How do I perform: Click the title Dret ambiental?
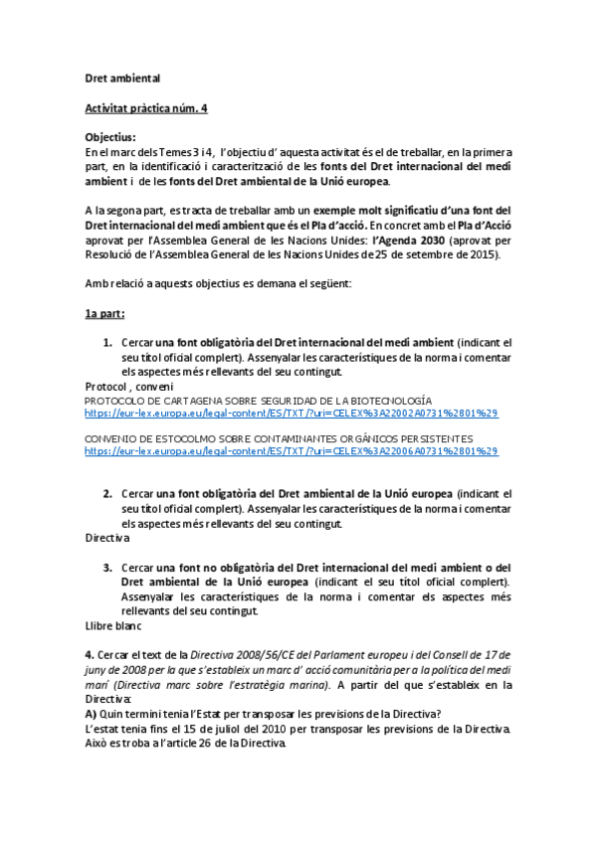pyautogui.click(x=121, y=78)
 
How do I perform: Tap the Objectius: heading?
pyautogui.click(x=110, y=137)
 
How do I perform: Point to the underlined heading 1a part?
pyautogui.click(x=104, y=313)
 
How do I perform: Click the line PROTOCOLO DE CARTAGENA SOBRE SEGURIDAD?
pyautogui.click(x=258, y=400)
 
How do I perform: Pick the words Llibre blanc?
pyautogui.click(x=113, y=626)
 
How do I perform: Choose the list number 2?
pyautogui.click(x=107, y=493)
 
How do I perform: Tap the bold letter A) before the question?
pyautogui.click(x=91, y=715)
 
